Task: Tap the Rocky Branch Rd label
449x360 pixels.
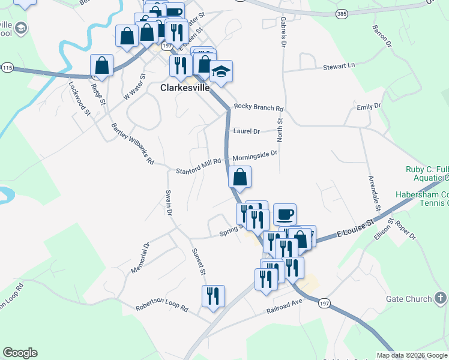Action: pos(258,108)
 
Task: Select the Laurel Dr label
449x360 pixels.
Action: pos(246,131)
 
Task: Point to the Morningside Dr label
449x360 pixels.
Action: pos(255,155)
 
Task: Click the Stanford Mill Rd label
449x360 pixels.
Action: pos(199,166)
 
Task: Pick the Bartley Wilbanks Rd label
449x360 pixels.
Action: pos(133,144)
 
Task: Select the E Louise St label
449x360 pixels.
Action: pos(355,229)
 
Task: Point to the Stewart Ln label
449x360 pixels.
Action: pos(339,65)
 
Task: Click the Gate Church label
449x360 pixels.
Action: pos(410,299)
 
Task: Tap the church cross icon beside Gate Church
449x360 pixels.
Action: pos(439,298)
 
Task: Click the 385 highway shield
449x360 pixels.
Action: pos(342,13)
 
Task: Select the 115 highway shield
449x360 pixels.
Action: pos(7,68)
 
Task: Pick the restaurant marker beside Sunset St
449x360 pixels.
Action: pos(213,296)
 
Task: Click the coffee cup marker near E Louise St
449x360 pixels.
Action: pos(285,214)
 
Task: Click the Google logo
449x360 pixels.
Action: pos(20,353)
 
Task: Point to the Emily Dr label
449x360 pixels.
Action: pos(369,106)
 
